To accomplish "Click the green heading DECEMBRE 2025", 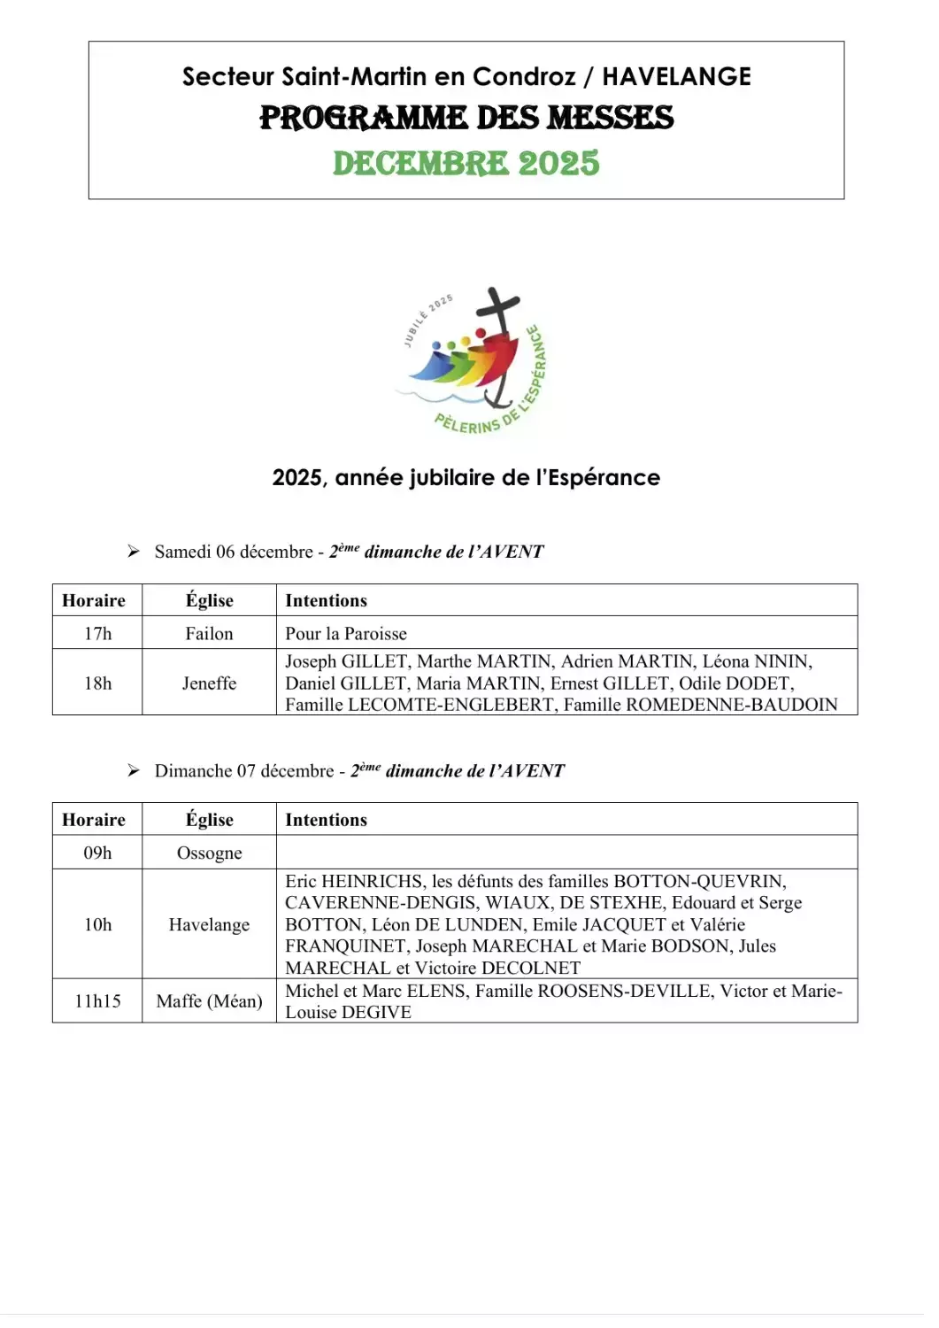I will (x=466, y=164).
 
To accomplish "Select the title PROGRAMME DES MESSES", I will (x=466, y=119).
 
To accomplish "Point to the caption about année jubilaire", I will (x=466, y=478).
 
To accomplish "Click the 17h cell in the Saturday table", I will (x=97, y=634).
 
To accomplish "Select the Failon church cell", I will (x=209, y=634).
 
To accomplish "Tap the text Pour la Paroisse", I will (x=346, y=634).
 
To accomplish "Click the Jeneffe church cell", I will (x=209, y=683).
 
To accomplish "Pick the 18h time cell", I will (x=97, y=683).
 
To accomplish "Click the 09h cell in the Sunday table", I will (x=97, y=853).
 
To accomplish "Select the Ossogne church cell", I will (x=209, y=853).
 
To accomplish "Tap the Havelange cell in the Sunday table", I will (x=209, y=925).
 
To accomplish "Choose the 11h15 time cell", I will (x=97, y=1001).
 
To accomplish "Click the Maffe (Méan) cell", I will (x=209, y=1001).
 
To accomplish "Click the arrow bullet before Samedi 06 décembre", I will (x=134, y=552).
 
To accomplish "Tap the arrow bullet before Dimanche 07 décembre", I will (x=134, y=771).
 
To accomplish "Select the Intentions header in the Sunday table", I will (x=326, y=821).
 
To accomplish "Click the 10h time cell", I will (x=97, y=925).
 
